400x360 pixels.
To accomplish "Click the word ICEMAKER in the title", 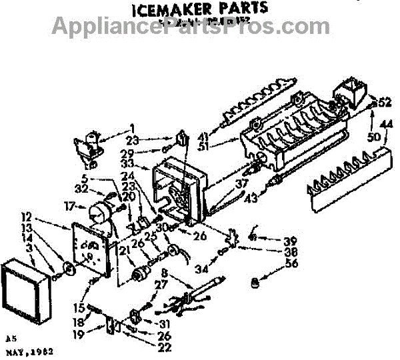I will click(x=163, y=8).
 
